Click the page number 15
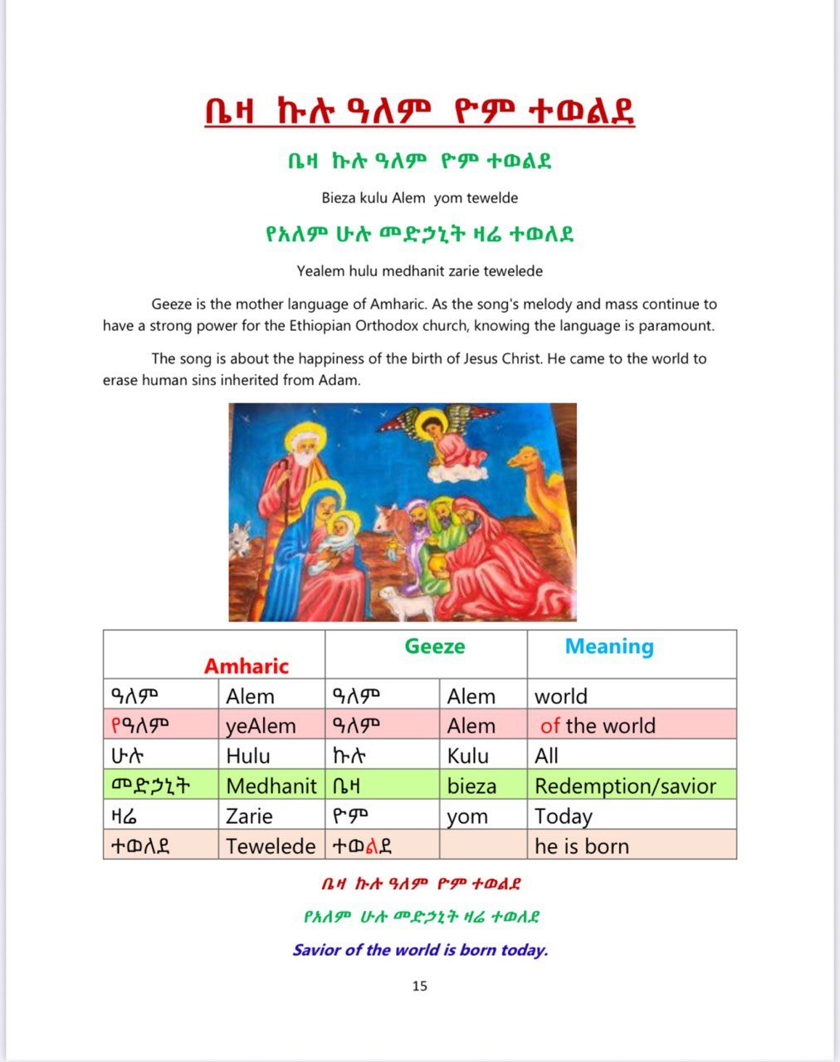click(419, 986)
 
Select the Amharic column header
click(247, 666)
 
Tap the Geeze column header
click(434, 646)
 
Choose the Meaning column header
click(609, 646)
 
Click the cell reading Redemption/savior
click(625, 786)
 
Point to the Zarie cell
click(250, 816)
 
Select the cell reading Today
click(564, 816)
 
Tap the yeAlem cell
click(261, 726)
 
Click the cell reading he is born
click(582, 846)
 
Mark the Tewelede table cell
click(271, 846)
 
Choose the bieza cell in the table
click(471, 786)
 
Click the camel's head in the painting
click(527, 458)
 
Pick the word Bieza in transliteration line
click(339, 198)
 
